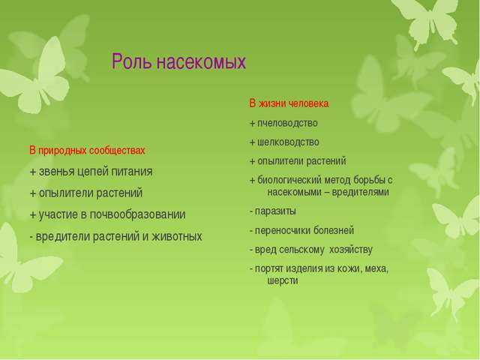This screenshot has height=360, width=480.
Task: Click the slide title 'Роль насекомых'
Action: click(x=178, y=63)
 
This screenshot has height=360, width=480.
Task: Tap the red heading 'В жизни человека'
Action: click(x=289, y=103)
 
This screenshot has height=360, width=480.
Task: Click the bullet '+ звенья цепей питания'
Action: click(x=91, y=171)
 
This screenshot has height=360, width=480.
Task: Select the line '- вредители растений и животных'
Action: click(x=115, y=236)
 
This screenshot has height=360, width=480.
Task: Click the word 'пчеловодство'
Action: click(x=287, y=122)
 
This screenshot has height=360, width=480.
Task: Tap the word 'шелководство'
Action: click(x=288, y=142)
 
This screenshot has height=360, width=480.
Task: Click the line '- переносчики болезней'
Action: click(x=301, y=229)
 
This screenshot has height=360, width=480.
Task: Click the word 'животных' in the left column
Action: click(x=179, y=236)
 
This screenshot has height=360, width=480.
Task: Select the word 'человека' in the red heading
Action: click(x=309, y=103)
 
